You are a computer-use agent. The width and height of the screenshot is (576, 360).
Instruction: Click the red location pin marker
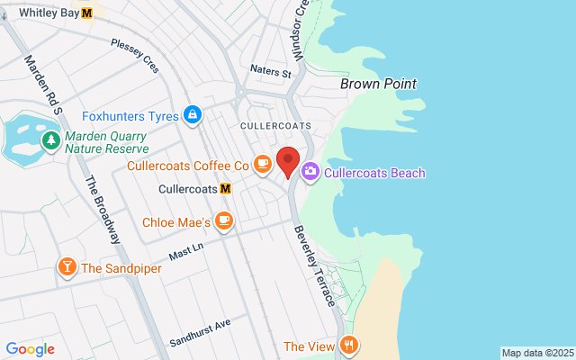tap(288, 161)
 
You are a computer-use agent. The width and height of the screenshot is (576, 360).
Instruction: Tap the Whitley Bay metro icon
tap(86, 13)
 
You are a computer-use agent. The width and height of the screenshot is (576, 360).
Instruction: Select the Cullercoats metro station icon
tap(225, 189)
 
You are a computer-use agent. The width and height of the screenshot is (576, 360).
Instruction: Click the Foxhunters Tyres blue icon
tap(192, 115)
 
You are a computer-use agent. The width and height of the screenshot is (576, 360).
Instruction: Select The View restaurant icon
tap(348, 346)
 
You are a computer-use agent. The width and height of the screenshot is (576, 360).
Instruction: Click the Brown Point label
tap(378, 84)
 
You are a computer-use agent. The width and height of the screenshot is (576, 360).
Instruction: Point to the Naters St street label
tap(272, 71)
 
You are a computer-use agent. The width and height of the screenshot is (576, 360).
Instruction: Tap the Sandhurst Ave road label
tap(200, 332)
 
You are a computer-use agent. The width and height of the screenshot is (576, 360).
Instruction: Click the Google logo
tap(30, 349)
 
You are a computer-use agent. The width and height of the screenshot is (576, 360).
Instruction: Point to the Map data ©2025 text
tap(536, 353)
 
